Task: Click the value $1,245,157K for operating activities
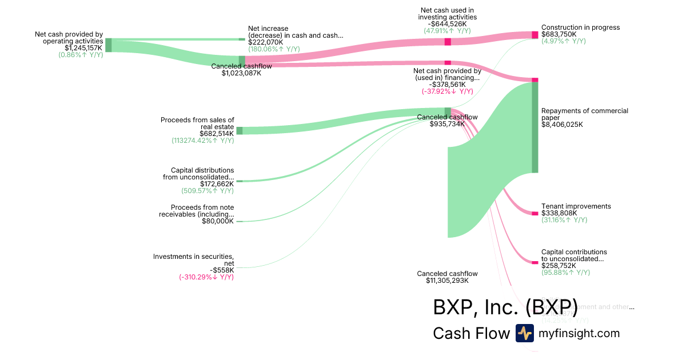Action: click(83, 48)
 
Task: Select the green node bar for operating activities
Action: click(108, 45)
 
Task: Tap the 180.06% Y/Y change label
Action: click(274, 49)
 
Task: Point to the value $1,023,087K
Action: click(241, 73)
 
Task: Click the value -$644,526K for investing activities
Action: click(447, 24)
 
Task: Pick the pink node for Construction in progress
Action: click(535, 35)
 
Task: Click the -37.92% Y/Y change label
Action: click(447, 91)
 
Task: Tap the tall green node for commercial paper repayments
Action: click(535, 127)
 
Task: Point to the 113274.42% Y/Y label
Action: click(202, 141)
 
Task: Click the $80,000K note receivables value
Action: click(218, 221)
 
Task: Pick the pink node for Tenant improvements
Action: click(535, 214)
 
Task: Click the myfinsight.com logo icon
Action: click(524, 333)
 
